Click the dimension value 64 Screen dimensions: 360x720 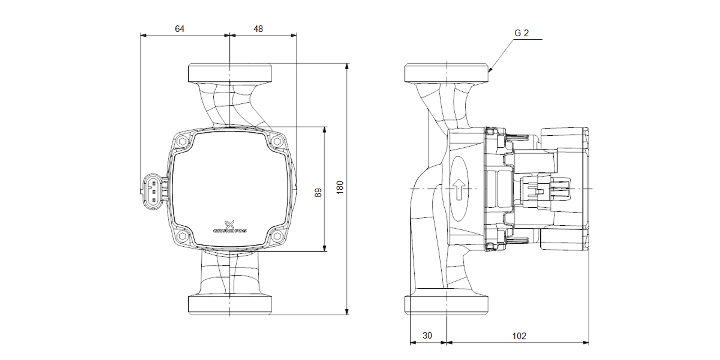click(x=179, y=29)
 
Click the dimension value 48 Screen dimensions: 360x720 click(x=258, y=29)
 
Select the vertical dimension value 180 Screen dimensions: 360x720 click(x=340, y=188)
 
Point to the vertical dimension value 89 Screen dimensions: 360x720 click(x=318, y=193)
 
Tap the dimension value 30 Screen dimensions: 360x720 click(x=427, y=336)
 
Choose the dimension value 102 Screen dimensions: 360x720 click(x=519, y=336)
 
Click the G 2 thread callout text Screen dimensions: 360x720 click(x=522, y=33)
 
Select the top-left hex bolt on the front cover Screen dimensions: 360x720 click(x=183, y=141)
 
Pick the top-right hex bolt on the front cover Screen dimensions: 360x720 click(x=277, y=141)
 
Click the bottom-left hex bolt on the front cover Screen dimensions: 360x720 click(x=183, y=236)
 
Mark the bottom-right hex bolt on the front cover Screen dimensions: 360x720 click(x=277, y=236)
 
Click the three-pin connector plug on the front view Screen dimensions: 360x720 click(x=152, y=191)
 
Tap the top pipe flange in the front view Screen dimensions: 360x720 click(x=230, y=73)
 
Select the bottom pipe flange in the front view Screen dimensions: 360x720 click(x=230, y=304)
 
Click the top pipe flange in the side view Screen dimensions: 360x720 click(x=446, y=73)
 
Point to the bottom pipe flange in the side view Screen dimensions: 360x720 click(x=446, y=304)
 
